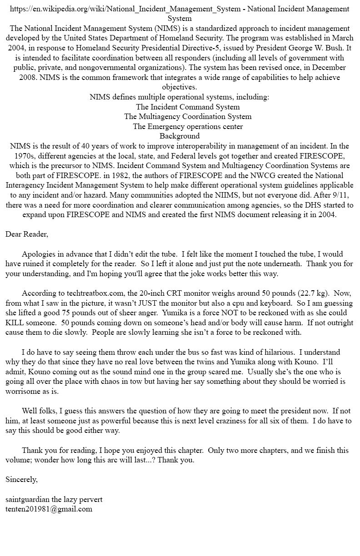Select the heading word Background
pyautogui.click(x=180, y=136)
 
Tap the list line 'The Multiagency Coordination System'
pyautogui.click(x=188, y=116)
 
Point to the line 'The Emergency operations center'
pyautogui.click(x=188, y=126)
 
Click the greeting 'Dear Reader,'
pyautogui.click(x=27, y=234)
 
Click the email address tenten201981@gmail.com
pyautogui.click(x=49, y=509)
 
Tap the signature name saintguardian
pyautogui.click(x=27, y=499)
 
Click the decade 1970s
pyautogui.click(x=18, y=156)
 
